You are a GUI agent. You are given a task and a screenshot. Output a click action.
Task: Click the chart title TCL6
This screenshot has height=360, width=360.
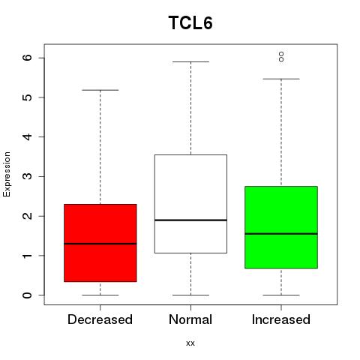pos(190,22)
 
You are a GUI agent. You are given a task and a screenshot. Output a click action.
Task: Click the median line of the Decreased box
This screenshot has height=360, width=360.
pos(100,244)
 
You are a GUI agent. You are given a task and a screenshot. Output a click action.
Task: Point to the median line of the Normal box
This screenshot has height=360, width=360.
pos(190,220)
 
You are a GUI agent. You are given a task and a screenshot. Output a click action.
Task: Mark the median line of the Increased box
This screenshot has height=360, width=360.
pos(281,234)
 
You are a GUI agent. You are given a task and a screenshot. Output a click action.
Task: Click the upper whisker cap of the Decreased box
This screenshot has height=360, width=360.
pos(100,90)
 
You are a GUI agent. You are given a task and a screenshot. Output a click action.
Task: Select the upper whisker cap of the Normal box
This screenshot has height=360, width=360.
pos(190,61)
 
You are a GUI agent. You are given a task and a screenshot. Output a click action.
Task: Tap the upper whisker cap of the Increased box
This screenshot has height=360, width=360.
pos(281,79)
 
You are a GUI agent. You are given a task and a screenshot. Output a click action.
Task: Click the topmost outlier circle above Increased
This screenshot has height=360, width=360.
pos(281,54)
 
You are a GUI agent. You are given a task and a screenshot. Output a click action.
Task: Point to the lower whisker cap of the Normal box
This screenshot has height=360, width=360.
pos(190,295)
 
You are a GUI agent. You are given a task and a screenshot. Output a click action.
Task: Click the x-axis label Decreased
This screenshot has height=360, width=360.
pos(100,319)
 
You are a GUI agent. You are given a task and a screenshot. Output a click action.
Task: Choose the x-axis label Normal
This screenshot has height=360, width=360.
pos(190,319)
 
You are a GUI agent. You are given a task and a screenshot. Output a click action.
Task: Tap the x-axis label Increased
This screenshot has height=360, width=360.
pos(281,319)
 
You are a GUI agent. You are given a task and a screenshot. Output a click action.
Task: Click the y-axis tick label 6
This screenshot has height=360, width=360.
pos(28,58)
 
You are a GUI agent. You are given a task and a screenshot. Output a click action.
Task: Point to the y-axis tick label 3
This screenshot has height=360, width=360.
pos(28,176)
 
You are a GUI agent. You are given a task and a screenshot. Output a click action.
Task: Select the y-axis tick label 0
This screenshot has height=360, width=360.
pos(28,295)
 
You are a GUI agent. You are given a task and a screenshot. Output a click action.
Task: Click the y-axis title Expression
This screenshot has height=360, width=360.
pos(7,174)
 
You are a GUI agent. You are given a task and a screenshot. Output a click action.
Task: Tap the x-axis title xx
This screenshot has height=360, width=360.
pos(190,343)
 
